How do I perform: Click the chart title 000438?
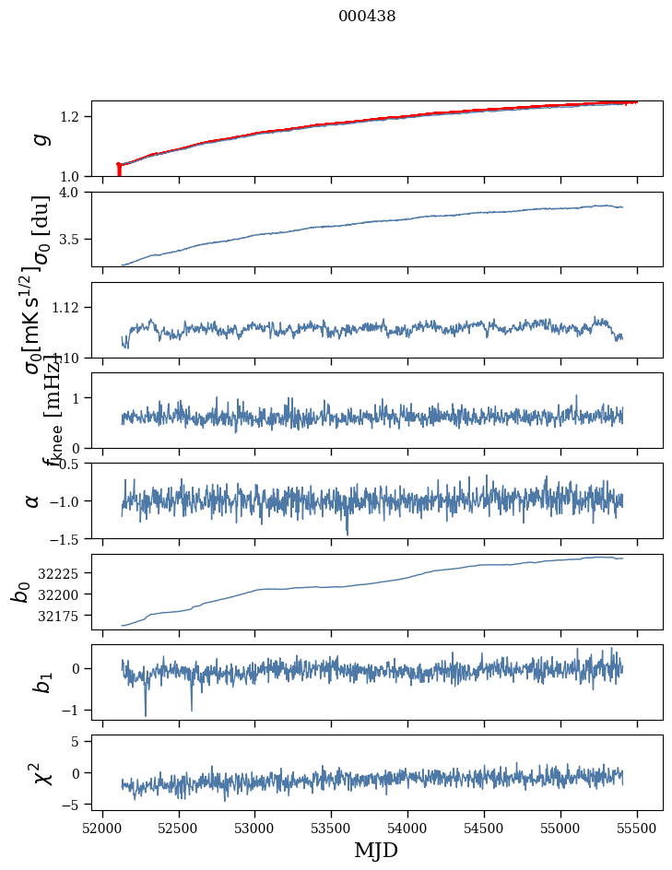367,17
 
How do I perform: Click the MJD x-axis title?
376,850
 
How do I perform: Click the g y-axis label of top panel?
39,139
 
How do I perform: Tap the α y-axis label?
32,500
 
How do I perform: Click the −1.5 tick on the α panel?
66,538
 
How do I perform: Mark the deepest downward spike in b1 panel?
145,714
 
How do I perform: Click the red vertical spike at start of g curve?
119,170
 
